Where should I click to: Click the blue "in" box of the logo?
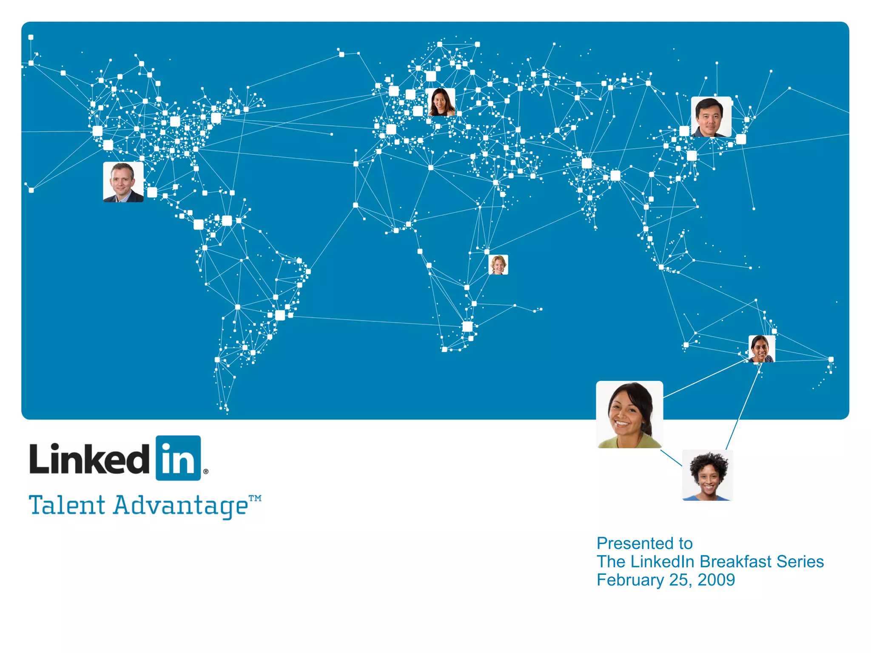point(178,458)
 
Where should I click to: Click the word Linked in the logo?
point(89,459)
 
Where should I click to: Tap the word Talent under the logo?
point(67,505)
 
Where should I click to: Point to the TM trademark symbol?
point(255,498)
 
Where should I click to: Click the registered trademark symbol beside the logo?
point(206,471)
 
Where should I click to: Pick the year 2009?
point(716,580)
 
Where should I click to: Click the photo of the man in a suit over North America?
point(123,182)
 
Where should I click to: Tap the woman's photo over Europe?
point(441,102)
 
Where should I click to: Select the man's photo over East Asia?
point(711,117)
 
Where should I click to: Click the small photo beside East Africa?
point(498,265)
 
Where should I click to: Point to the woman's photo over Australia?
point(761,349)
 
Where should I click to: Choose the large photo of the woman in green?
point(629,415)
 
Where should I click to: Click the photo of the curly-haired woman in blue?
point(708,475)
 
